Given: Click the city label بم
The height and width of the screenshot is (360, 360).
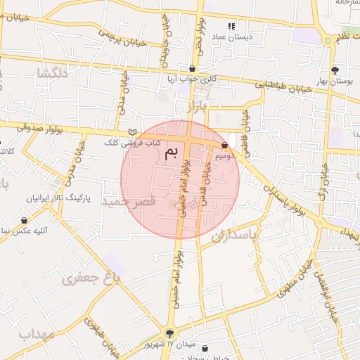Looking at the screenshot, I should (171, 153).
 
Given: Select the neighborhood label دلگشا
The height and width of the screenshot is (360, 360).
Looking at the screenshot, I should (54, 73).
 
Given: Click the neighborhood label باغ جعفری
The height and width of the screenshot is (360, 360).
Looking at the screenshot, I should (91, 278).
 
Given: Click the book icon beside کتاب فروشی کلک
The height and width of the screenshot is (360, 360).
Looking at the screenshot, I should (132, 132).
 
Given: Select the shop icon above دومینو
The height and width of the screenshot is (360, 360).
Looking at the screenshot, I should (224, 146).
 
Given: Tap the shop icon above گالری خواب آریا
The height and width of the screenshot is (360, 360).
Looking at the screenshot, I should (193, 68).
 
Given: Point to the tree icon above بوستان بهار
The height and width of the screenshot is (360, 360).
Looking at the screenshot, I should (335, 70).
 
